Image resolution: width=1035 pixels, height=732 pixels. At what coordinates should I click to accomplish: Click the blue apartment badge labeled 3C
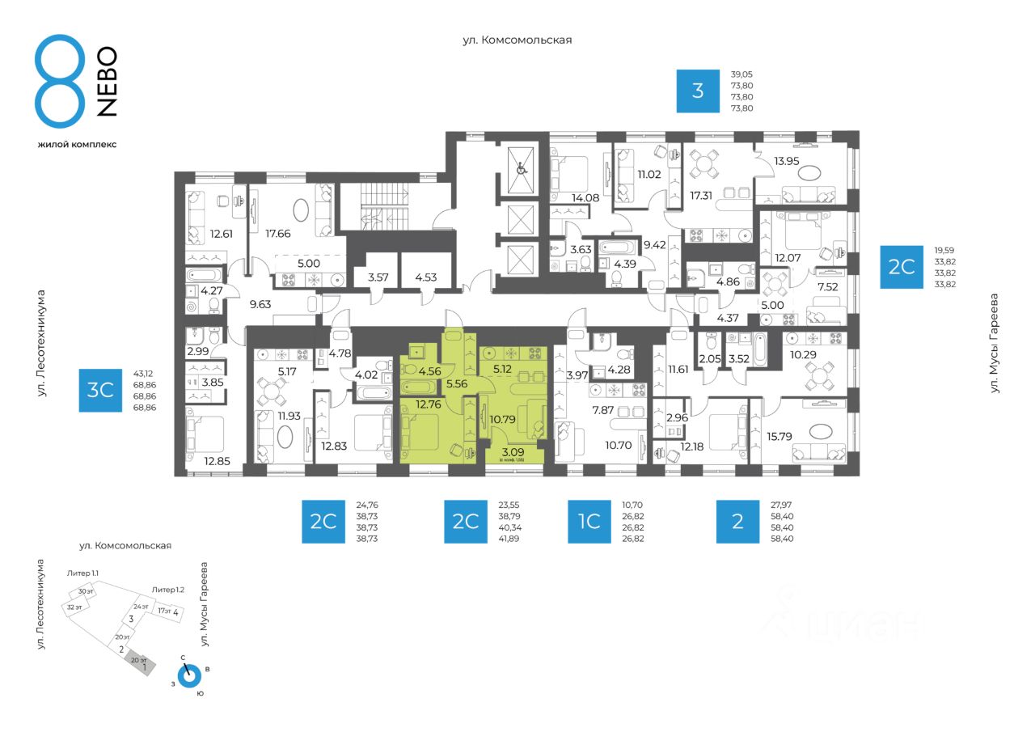[x=99, y=391]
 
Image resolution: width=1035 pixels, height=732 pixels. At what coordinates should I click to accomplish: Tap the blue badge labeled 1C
[x=589, y=521]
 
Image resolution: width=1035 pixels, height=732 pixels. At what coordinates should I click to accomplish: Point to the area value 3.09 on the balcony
[x=513, y=452]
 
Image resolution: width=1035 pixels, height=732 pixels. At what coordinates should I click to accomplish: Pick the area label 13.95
[x=790, y=162]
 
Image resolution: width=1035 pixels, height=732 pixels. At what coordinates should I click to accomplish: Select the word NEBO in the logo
[x=108, y=81]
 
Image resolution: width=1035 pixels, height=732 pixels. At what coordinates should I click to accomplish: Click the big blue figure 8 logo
[x=59, y=81]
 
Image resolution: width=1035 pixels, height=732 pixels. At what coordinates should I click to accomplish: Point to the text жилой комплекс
[x=77, y=144]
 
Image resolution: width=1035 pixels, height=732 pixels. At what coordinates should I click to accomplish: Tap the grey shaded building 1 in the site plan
[x=142, y=666]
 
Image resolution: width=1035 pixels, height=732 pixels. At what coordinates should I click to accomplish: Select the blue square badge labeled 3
[x=697, y=91]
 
